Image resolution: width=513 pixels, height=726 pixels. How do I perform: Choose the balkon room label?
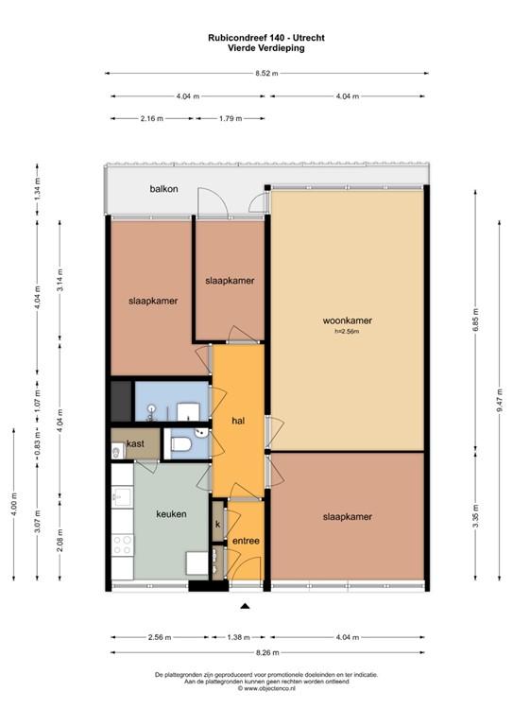tap(163, 190)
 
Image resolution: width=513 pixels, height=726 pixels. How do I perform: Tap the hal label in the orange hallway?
tap(238, 421)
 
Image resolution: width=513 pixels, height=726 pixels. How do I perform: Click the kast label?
tap(134, 442)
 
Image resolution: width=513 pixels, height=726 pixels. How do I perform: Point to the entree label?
tap(246, 541)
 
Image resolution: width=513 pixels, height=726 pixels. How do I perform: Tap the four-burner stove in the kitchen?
tap(122, 544)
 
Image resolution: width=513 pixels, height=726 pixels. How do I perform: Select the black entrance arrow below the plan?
tap(245, 606)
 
